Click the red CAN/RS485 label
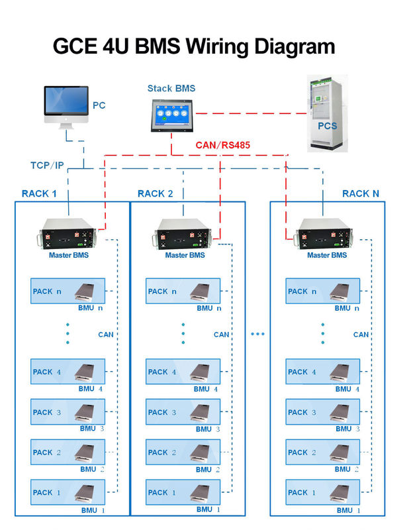(x=222, y=145)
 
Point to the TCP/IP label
(x=47, y=164)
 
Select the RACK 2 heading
(x=155, y=193)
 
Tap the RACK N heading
(x=361, y=193)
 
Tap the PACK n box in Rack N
(x=324, y=291)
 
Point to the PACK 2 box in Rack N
(x=324, y=453)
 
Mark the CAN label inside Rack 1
(x=105, y=335)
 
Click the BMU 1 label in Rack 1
(x=92, y=510)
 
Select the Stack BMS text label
(x=171, y=88)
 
